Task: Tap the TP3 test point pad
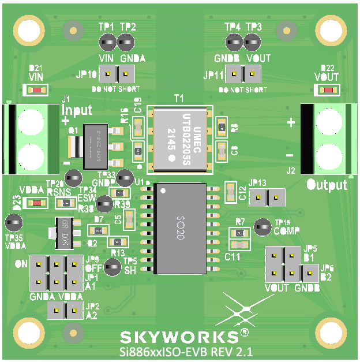click(x=252, y=42)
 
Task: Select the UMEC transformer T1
click(x=179, y=139)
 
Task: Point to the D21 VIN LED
click(x=37, y=90)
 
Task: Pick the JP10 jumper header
click(x=117, y=74)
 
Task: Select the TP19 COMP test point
click(x=263, y=226)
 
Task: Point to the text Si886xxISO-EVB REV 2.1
click(x=186, y=351)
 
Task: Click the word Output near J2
click(x=327, y=185)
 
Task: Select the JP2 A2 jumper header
click(x=65, y=311)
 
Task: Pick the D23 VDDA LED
click(x=37, y=203)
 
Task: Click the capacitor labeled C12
click(x=231, y=192)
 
